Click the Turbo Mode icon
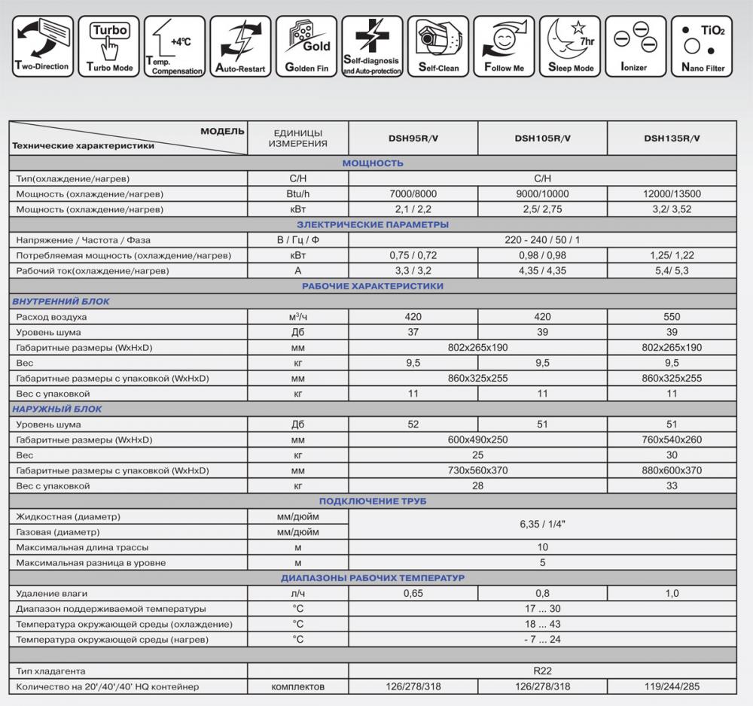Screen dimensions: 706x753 (110, 46)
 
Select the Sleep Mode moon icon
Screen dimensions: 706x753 (570, 46)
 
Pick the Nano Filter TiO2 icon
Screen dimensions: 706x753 (702, 46)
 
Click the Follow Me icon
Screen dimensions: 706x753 (504, 46)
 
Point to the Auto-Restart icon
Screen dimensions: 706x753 (240, 46)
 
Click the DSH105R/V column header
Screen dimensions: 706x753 (542, 138)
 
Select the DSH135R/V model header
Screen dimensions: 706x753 (672, 138)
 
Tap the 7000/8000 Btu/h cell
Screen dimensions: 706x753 (413, 194)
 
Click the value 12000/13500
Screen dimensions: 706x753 (672, 194)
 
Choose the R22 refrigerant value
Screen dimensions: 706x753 (542, 671)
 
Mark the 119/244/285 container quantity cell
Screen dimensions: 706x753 (672, 686)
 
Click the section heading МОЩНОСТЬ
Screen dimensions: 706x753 (373, 163)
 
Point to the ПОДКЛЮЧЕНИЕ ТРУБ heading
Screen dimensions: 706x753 (373, 501)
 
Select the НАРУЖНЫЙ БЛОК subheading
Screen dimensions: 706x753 (57, 409)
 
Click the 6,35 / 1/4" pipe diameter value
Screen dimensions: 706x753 (542, 524)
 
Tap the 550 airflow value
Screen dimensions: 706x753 (672, 317)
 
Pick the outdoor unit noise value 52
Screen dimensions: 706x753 (413, 425)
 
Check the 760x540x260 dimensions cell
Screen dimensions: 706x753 (672, 440)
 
